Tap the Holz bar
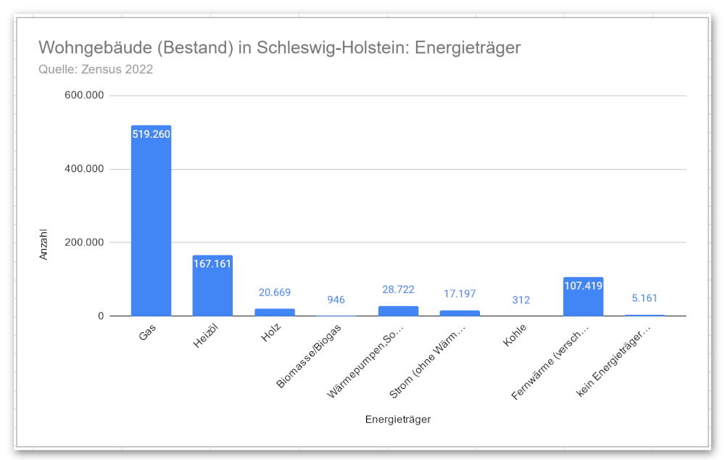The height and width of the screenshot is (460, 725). pyautogui.click(x=275, y=312)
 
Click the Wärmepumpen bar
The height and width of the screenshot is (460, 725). pyautogui.click(x=398, y=311)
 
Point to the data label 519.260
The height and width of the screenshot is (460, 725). pyautogui.click(x=151, y=134)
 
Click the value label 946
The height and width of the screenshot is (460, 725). pyautogui.click(x=336, y=300)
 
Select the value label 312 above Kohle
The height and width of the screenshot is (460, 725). pyautogui.click(x=521, y=300)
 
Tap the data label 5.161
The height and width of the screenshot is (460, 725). pyautogui.click(x=645, y=298)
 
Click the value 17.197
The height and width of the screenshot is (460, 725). pyautogui.click(x=460, y=294)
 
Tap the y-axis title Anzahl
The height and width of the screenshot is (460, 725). pyautogui.click(x=43, y=245)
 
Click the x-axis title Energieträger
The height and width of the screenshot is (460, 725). pyautogui.click(x=398, y=419)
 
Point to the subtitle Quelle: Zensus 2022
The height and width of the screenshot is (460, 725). pyautogui.click(x=95, y=70)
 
